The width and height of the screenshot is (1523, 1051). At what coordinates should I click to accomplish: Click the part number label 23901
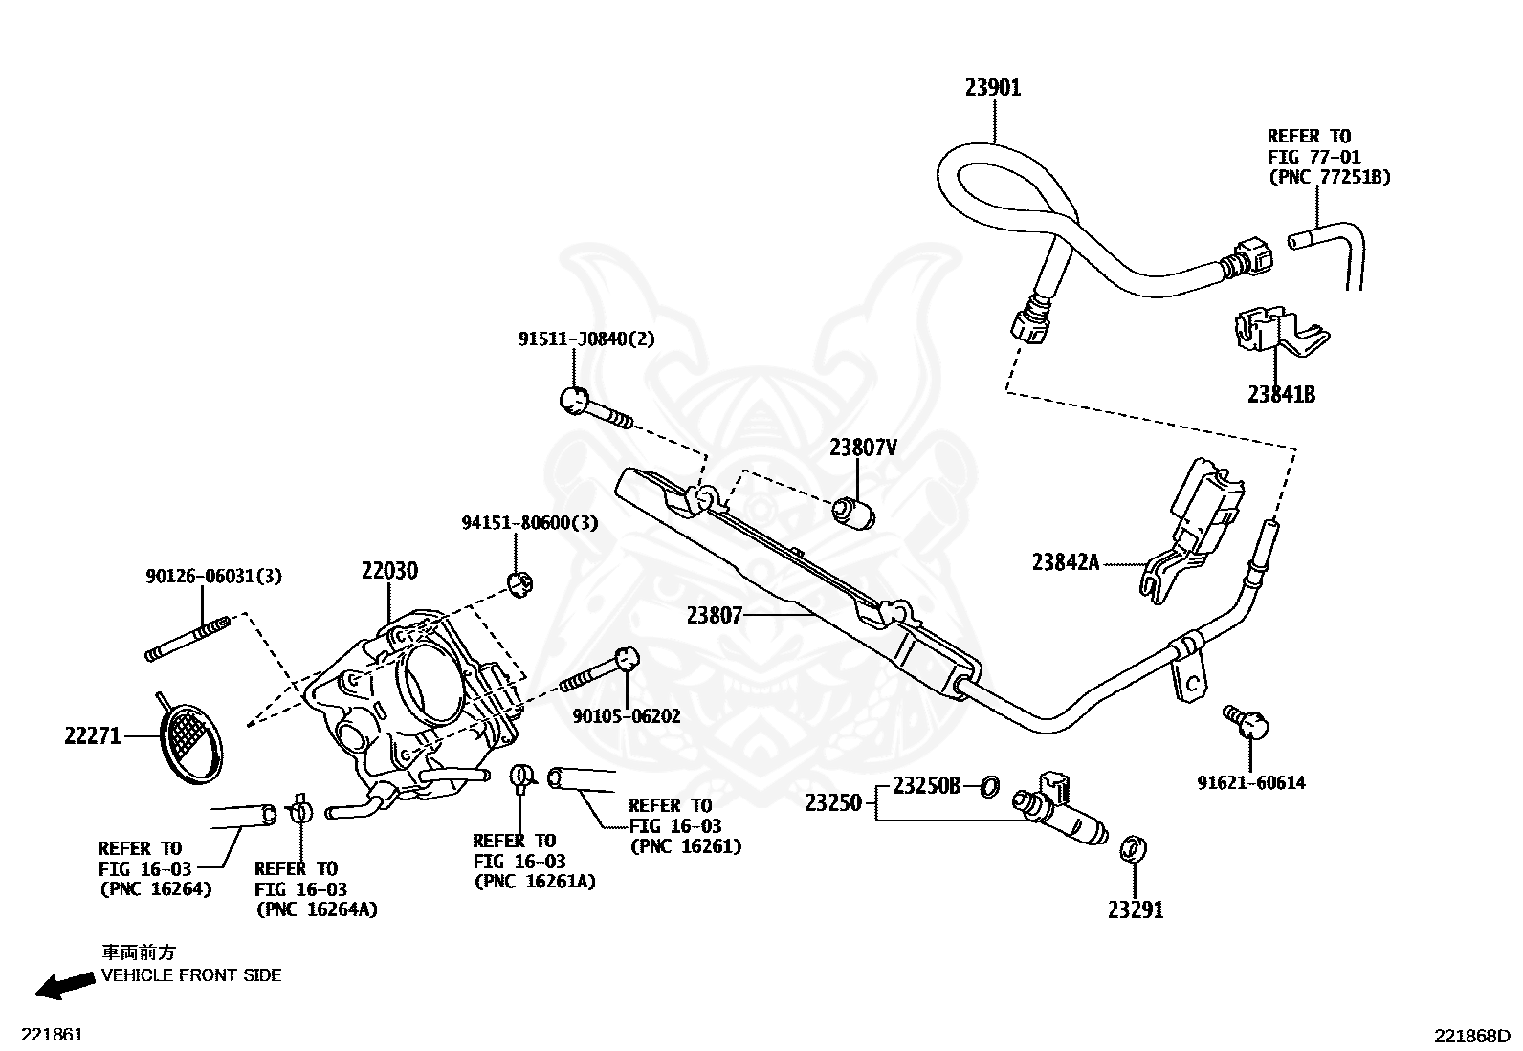pyautogui.click(x=993, y=88)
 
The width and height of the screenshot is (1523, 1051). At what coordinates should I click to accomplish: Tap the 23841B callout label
pyautogui.click(x=1281, y=394)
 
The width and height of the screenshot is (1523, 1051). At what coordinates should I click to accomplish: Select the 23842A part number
pyautogui.click(x=1066, y=562)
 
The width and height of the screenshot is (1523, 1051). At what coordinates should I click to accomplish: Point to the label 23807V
pyautogui.click(x=863, y=448)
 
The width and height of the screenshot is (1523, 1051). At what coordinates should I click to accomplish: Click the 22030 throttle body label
pyautogui.click(x=389, y=570)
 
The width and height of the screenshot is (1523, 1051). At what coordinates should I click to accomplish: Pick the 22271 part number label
pyautogui.click(x=93, y=735)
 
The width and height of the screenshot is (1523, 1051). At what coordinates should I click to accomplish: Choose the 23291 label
pyautogui.click(x=1136, y=909)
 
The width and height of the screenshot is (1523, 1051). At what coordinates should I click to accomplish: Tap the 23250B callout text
pyautogui.click(x=927, y=785)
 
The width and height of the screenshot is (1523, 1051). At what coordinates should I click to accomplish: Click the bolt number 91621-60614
pyautogui.click(x=1251, y=782)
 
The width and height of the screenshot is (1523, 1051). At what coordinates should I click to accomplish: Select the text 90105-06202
pyautogui.click(x=627, y=716)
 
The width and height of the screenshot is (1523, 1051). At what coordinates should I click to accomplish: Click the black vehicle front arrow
pyautogui.click(x=65, y=985)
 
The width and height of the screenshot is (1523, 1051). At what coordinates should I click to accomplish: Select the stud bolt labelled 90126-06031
pyautogui.click(x=187, y=636)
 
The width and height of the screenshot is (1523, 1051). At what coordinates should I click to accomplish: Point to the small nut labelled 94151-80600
pyautogui.click(x=520, y=584)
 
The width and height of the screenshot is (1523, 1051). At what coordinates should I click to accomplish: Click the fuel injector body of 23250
pyautogui.click(x=1060, y=810)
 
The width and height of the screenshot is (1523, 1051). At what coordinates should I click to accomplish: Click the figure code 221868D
pyautogui.click(x=1472, y=1036)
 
